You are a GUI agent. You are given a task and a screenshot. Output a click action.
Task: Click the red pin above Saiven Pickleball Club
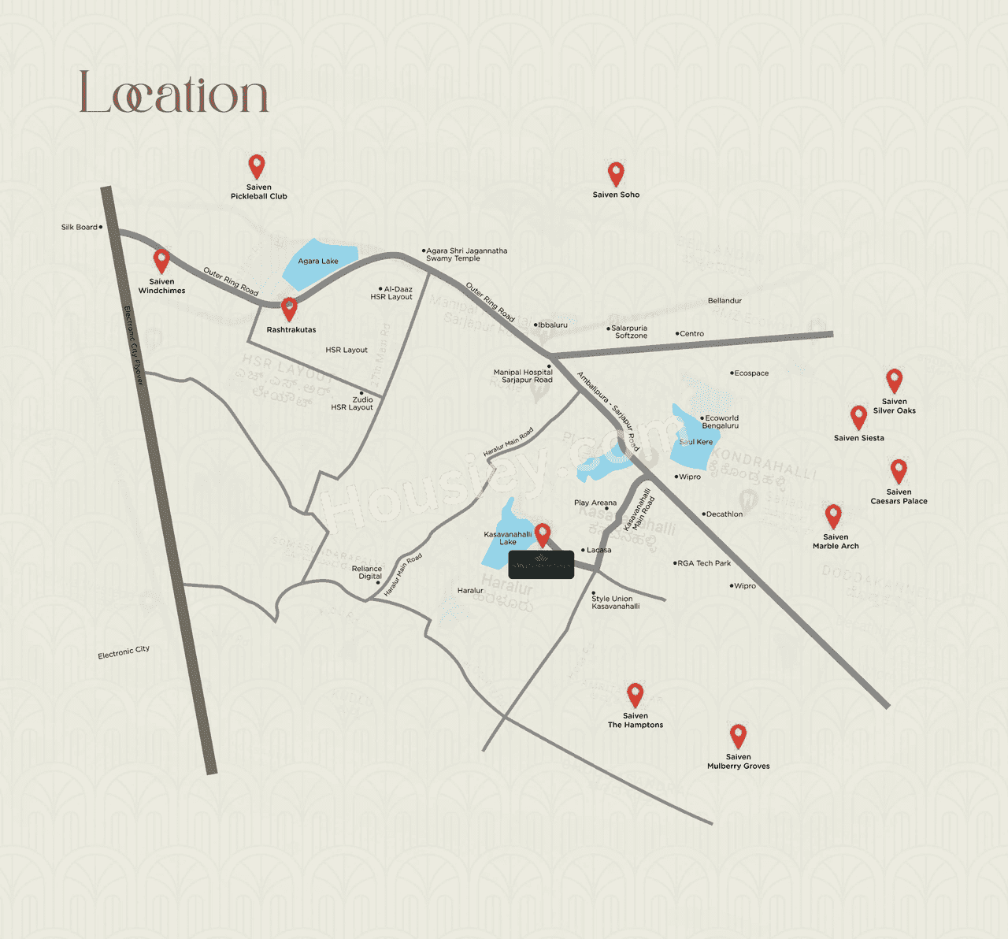256,166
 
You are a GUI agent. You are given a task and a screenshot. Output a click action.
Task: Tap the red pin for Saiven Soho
616,173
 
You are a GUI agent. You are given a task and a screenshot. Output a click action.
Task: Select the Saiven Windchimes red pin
161,260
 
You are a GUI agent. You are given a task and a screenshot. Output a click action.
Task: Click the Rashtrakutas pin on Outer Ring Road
290,308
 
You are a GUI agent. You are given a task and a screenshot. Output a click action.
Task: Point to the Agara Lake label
318,262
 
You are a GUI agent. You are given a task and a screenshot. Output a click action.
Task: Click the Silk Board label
80,227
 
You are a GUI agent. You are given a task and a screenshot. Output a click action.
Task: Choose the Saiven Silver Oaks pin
894,380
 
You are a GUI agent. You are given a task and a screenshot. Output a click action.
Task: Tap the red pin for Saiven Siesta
859,417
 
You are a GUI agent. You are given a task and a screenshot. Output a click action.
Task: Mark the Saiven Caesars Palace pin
899,471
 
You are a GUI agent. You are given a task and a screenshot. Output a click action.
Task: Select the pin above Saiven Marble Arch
833,516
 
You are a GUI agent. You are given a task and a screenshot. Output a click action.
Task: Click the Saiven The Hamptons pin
636,695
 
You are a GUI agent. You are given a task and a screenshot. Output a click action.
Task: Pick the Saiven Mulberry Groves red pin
738,736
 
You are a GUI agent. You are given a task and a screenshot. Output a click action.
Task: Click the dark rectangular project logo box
541,564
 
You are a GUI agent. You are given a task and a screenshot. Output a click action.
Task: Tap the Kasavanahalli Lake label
508,538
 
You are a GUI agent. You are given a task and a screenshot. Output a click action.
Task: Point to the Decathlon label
724,514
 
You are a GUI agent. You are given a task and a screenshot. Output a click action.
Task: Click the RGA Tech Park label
704,563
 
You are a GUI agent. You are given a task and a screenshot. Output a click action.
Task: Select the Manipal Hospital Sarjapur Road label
523,376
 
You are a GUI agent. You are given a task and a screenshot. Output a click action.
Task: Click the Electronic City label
124,652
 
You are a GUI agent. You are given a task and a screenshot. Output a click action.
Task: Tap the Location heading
173,93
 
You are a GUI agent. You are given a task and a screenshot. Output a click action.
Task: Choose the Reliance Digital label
367,573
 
